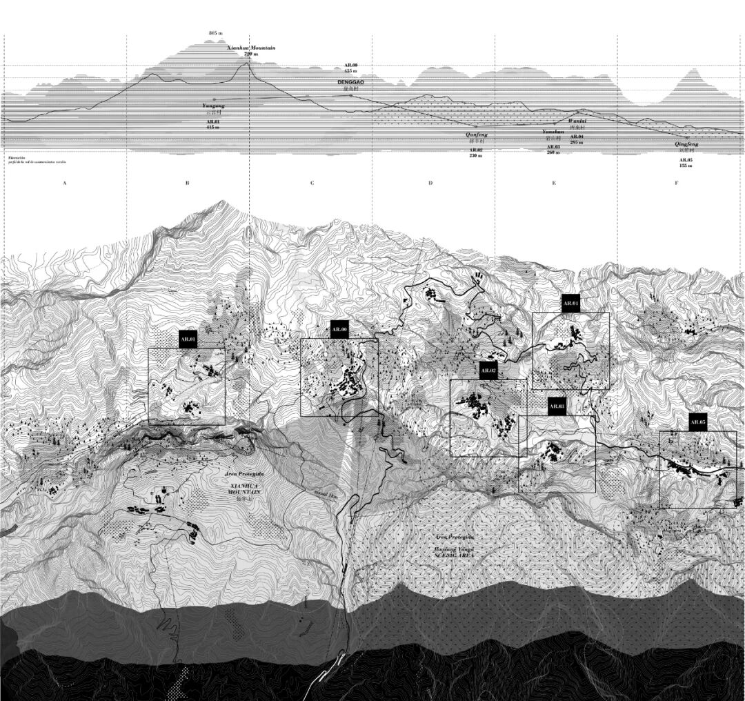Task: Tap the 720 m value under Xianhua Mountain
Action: coord(250,54)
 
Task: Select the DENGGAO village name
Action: coord(350,82)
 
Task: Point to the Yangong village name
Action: coord(213,105)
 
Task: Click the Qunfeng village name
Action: coord(476,135)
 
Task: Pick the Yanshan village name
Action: coord(553,131)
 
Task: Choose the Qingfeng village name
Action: coord(686,144)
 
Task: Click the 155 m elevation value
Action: coord(686,166)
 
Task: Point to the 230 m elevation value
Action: coord(476,156)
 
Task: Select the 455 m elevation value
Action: coord(351,71)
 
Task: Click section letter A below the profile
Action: coord(64,184)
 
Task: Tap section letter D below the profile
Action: coord(430,184)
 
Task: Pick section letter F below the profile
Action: coord(677,184)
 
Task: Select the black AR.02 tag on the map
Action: coord(488,371)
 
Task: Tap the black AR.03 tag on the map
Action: coord(557,406)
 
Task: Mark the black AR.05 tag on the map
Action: coord(698,422)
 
